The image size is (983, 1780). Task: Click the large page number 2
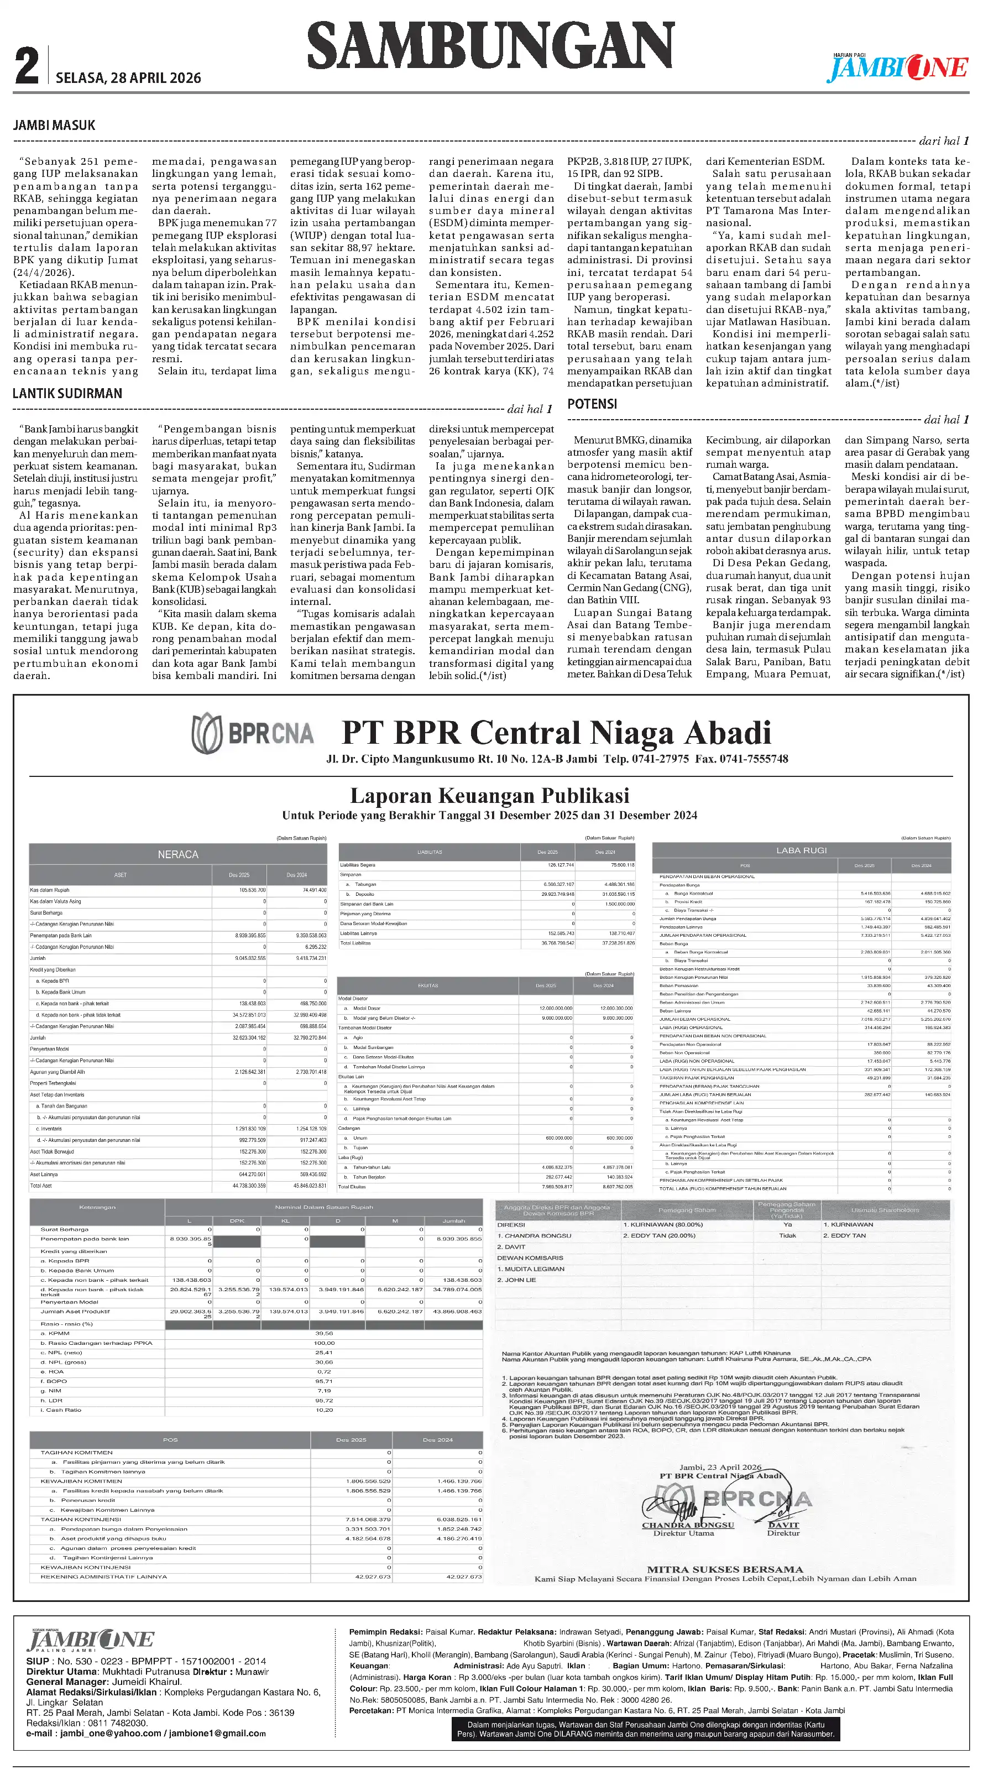pos(27,66)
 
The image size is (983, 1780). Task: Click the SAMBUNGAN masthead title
pos(490,45)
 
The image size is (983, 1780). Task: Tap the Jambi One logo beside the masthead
pos(898,67)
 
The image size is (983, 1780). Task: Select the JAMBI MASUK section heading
pos(54,125)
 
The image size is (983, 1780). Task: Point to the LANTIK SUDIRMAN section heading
pos(67,393)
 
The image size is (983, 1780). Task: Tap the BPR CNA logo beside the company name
pos(252,734)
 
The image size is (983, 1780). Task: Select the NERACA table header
pos(177,855)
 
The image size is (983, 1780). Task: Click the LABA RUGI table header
pos(801,850)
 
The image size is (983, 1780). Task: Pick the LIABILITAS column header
pos(429,852)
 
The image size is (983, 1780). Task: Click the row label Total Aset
pos(41,1186)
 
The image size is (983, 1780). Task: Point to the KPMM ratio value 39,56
pos(324,1334)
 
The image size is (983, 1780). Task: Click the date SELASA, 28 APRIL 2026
pos(128,78)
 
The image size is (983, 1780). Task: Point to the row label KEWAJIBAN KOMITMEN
pos(81,1481)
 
